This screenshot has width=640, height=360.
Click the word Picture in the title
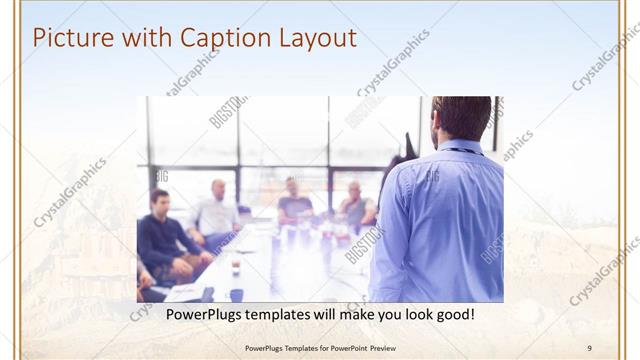click(x=70, y=39)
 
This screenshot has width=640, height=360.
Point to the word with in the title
click(x=146, y=39)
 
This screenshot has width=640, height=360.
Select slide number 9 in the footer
click(x=589, y=347)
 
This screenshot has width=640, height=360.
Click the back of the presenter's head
click(x=461, y=117)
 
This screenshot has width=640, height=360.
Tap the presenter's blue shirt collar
click(x=461, y=148)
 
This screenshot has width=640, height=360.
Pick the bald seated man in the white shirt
click(x=216, y=210)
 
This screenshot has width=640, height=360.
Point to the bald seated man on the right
click(x=356, y=204)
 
